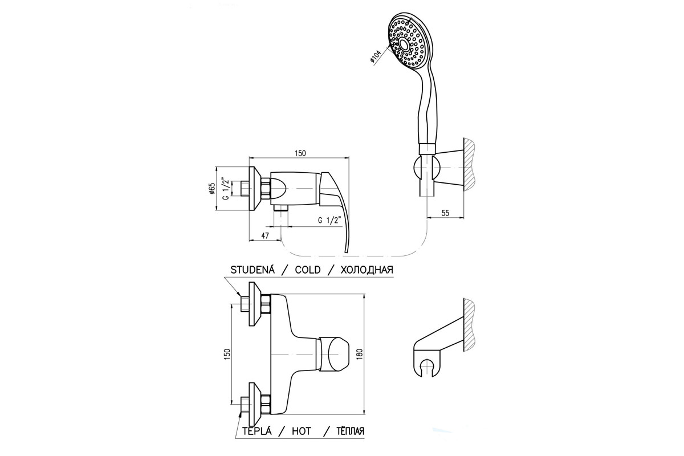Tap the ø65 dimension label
(212, 189)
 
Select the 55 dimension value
(445, 213)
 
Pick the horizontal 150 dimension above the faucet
(300, 153)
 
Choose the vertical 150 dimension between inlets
(227, 355)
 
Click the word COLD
(307, 270)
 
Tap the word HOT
(301, 431)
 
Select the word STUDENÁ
(253, 270)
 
